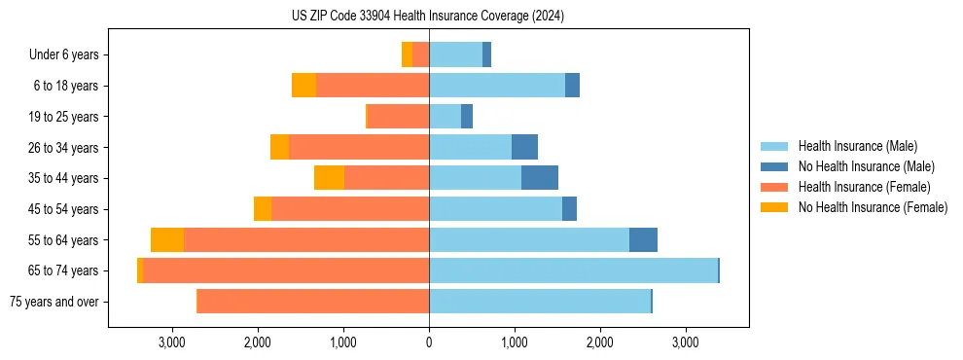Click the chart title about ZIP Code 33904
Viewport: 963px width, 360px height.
click(x=428, y=17)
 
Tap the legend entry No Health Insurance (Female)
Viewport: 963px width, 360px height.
click(x=872, y=207)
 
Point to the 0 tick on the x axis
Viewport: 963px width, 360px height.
click(x=429, y=342)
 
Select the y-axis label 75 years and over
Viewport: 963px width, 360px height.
click(x=53, y=302)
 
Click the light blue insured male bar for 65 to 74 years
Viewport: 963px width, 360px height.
click(x=573, y=270)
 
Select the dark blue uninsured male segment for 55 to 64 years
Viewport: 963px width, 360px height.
click(x=643, y=239)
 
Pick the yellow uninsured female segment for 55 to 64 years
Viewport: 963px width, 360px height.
click(x=167, y=239)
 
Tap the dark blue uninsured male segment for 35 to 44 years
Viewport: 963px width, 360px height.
click(x=540, y=178)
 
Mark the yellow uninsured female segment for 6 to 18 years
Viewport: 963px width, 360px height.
click(x=303, y=86)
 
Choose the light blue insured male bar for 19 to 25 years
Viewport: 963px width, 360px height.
click(x=445, y=117)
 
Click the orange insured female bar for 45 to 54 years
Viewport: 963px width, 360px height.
click(x=350, y=209)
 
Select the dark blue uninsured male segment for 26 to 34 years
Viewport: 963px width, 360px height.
click(x=524, y=147)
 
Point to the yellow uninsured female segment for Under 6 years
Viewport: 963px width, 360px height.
click(x=407, y=55)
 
